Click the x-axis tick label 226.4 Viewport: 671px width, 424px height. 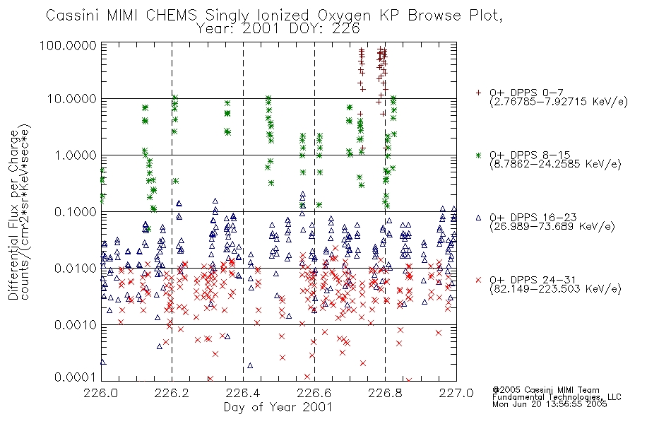click(x=243, y=393)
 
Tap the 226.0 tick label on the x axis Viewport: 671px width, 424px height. click(x=101, y=393)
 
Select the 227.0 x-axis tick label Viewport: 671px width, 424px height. click(x=456, y=393)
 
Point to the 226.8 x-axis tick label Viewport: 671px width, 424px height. click(x=385, y=393)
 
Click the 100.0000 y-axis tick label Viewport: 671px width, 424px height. click(x=68, y=45)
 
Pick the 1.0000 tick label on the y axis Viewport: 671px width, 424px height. click(x=76, y=155)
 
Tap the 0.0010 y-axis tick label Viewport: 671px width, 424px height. click(x=76, y=324)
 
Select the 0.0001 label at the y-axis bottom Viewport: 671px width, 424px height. click(x=76, y=377)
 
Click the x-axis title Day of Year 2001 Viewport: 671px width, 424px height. click(x=278, y=407)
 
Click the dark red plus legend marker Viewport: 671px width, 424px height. click(x=478, y=93)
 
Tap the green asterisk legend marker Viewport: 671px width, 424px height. click(x=478, y=155)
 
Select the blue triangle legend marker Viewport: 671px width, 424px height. click(x=478, y=218)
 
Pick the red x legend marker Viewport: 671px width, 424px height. click(x=478, y=280)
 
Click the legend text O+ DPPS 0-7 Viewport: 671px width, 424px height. click(x=527, y=93)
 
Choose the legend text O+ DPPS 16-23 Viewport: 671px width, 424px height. click(x=533, y=218)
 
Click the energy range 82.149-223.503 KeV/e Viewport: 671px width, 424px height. click(x=555, y=289)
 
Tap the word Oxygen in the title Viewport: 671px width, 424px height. click(x=344, y=16)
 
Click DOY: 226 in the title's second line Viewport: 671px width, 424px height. click(x=325, y=29)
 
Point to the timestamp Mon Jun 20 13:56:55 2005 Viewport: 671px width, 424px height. click(x=550, y=404)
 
